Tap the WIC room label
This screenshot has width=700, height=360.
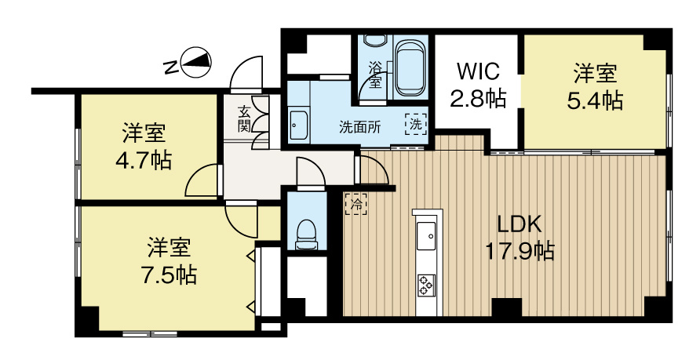coord(478,71)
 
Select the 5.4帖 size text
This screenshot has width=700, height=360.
coord(595,101)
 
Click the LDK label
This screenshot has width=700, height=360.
coord(520,224)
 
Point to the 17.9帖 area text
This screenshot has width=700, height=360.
coord(520,251)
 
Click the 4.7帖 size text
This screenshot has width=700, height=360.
coord(144,161)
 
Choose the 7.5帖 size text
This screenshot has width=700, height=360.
coord(169,275)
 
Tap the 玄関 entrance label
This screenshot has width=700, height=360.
coord(244,118)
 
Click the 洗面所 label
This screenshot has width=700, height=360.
coord(360,128)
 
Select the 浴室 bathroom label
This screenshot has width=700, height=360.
coord(375,75)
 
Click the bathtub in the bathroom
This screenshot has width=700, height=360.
coord(410,67)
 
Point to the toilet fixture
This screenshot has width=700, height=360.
coord(306,234)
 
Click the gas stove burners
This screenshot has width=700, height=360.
coord(426,285)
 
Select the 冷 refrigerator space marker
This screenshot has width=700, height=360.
coord(356,204)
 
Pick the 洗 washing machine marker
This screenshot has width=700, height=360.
coord(416,125)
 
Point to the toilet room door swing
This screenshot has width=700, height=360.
coord(312,173)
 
